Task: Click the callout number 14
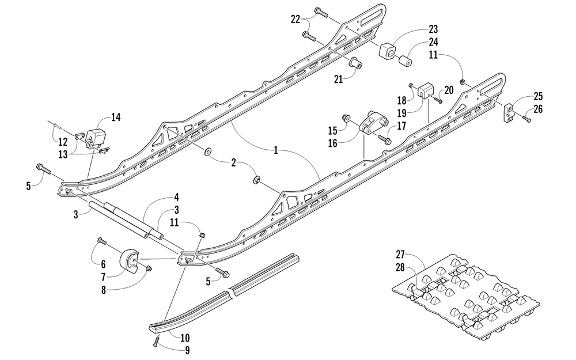coord(116,118)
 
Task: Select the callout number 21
coord(338,79)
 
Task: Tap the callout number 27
coord(400,254)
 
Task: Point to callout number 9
coord(187,350)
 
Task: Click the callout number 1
coord(276,150)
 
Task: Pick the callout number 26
coord(538,109)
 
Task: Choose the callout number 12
coord(63,142)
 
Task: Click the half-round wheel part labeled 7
coord(128,261)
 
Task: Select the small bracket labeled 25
coord(509,112)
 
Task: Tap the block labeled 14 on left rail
coord(94,138)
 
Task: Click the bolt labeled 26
coord(526,118)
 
